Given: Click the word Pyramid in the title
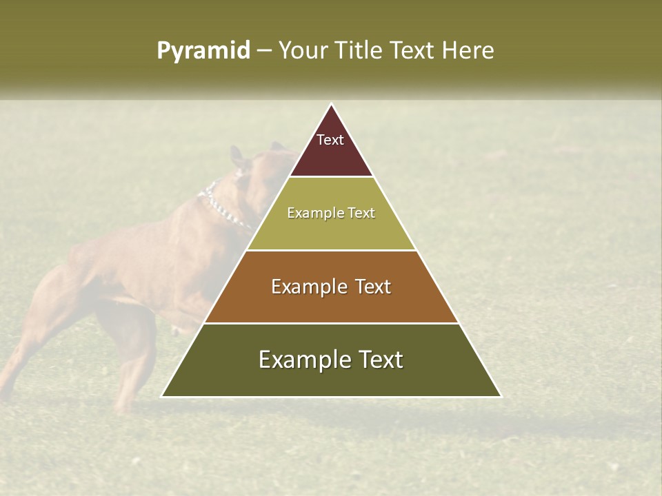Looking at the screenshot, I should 203,51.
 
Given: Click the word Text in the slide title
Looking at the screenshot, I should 412,50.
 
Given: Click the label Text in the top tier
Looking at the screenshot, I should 330,140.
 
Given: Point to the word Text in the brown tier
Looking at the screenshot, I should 373,287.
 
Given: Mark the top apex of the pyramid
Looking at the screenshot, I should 332,105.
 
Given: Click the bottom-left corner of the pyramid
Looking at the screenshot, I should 163,396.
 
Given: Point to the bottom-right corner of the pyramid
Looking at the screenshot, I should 501,396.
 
